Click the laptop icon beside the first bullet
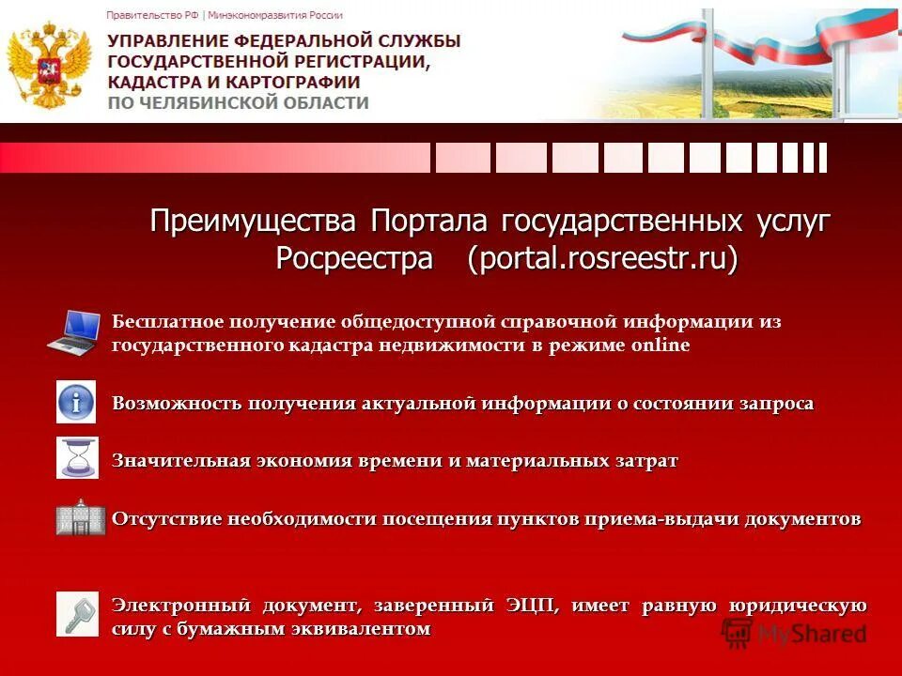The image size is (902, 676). [x=74, y=331]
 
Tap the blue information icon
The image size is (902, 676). [x=76, y=402]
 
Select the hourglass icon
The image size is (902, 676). [x=76, y=458]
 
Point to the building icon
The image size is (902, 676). [x=76, y=517]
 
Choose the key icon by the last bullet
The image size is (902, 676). [x=76, y=613]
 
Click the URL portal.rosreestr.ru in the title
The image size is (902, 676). [x=602, y=258]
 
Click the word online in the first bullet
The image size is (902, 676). [x=660, y=346]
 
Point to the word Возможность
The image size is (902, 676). [x=176, y=404]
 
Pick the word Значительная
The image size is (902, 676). [x=180, y=461]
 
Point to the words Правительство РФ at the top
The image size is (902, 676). [x=153, y=15]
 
